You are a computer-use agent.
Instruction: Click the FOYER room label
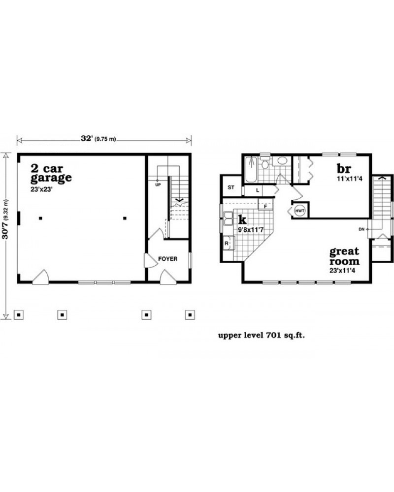coord(168,259)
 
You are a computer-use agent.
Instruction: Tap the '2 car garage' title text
coord(51,173)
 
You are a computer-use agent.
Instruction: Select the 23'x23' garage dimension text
coord(41,189)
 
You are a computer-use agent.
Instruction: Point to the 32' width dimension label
coord(98,138)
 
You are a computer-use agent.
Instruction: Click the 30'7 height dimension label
coord(5,219)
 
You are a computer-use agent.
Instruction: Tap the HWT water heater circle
coord(300,211)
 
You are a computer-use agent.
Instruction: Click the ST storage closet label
coord(231,187)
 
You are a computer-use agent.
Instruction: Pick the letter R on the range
coord(227,244)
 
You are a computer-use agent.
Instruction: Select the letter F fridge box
coord(265,206)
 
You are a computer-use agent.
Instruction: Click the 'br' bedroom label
coord(344,169)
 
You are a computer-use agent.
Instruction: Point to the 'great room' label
coord(344,256)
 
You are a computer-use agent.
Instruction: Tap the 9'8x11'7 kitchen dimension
coord(250,230)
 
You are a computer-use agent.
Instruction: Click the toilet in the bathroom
coord(265,163)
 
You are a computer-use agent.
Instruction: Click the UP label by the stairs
coord(158,185)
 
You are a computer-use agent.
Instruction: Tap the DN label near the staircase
coord(361,229)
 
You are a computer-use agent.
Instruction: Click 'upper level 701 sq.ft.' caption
coord(262,336)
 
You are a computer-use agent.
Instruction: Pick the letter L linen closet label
coord(258,190)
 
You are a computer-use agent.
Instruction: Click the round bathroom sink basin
coord(282,161)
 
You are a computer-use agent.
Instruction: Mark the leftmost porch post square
coord(19,315)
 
